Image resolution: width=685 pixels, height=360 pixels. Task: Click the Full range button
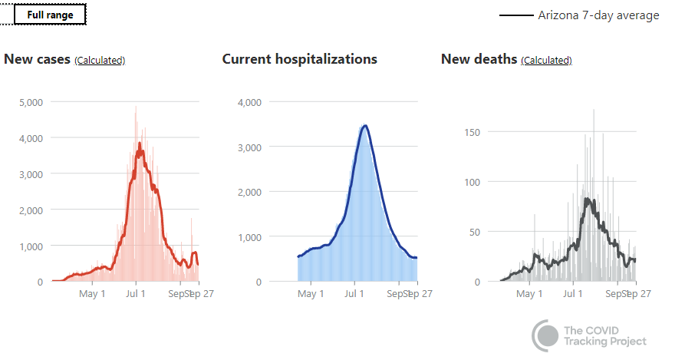coord(50,15)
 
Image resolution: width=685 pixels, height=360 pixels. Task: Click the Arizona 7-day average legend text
coord(598,15)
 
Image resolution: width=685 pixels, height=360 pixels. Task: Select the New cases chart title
coord(37,59)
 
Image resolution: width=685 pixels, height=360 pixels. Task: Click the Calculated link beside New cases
coord(100,60)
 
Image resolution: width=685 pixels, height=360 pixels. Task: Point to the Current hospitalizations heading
coord(299,59)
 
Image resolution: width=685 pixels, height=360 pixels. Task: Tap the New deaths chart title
coord(479,59)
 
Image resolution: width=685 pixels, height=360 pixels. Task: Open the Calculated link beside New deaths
coord(546,60)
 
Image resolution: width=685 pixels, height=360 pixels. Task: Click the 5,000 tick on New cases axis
coord(30,102)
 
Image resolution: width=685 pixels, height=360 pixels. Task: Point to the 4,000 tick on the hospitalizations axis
coord(251,102)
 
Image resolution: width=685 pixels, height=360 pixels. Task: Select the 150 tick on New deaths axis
coord(473,132)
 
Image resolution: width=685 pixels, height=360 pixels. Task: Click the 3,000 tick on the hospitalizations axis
coord(251,147)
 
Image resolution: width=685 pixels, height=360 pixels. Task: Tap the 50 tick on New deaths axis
coord(476,232)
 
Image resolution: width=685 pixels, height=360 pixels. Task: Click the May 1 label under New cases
coord(92,293)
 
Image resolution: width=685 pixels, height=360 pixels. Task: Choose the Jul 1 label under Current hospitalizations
coord(355,293)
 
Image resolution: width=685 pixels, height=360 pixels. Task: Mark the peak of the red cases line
coord(140,143)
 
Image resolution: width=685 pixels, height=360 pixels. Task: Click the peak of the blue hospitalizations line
coord(365,125)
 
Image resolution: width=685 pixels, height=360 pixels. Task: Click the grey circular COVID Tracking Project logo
coord(546,335)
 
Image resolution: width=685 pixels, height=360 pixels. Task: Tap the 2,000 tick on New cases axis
coord(30,210)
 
